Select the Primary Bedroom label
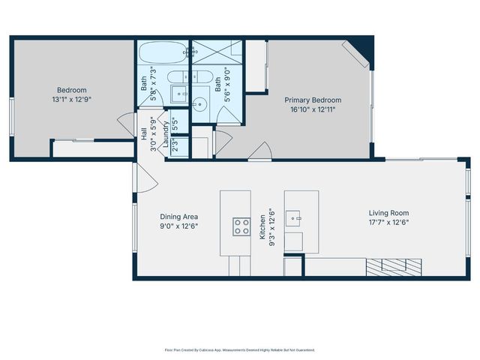pos(312,100)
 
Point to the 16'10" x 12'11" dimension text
pos(312,109)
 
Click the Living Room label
pos(388,213)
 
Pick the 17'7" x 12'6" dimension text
pos(388,222)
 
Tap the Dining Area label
pos(178,216)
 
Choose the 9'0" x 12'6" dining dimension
pos(178,225)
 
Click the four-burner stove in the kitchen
pos(241,226)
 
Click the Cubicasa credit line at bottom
pos(240,349)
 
